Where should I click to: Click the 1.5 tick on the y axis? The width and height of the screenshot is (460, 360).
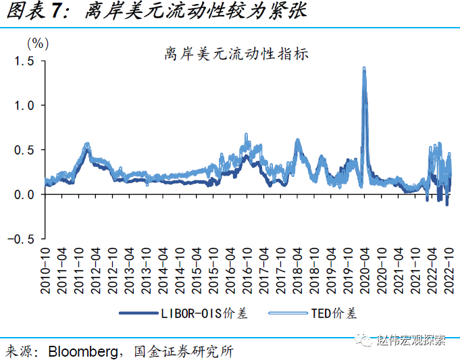coord(25,61)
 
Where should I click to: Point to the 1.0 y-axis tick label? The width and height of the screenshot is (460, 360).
coord(25,105)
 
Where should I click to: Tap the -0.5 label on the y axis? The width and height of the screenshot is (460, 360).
coord(23,238)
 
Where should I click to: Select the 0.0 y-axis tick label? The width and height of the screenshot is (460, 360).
coord(25,195)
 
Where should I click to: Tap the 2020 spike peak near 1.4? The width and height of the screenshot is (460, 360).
coord(364,69)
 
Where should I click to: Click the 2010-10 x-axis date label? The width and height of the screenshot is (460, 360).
coord(45,270)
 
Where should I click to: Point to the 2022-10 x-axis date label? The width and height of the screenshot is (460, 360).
coord(446,270)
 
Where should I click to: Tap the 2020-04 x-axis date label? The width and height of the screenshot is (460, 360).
coord(363,270)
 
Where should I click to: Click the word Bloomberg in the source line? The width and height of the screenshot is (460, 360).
coord(80,351)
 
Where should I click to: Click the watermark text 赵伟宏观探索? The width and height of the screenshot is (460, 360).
coord(411,340)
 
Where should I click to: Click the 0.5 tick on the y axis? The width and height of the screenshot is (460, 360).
coord(25,150)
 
